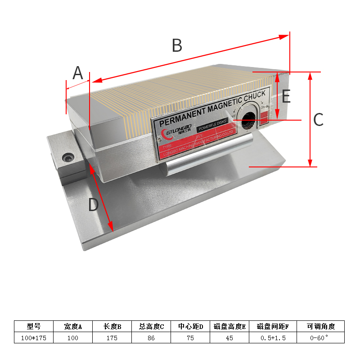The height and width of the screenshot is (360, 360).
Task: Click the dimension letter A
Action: tap(78, 72)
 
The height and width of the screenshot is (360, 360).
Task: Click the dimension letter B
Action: tap(177, 45)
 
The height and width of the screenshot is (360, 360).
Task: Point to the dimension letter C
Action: tap(318, 120)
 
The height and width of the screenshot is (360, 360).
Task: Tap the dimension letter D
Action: tap(93, 205)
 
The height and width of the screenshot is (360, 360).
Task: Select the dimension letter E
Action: tap(286, 97)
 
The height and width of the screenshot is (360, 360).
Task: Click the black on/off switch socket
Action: tap(248, 120)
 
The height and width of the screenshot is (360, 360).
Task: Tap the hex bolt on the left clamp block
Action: tap(68, 158)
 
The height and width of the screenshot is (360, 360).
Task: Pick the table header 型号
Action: tap(34, 326)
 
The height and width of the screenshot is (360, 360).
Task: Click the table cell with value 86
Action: tap(152, 337)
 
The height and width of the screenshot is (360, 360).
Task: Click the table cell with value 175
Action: tap(112, 337)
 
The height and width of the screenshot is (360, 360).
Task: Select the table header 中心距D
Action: tap(191, 326)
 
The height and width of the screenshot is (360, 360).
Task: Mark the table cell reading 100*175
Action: tap(34, 337)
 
